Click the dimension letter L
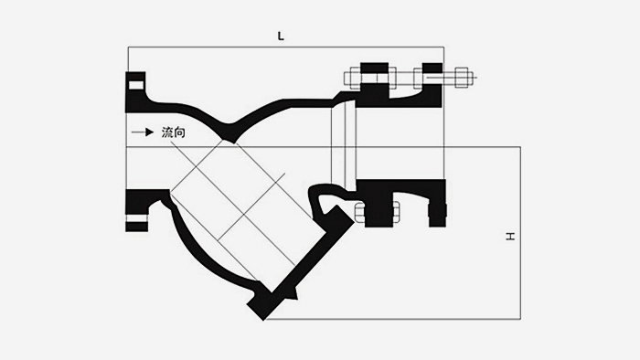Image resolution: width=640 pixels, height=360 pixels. click(281, 36)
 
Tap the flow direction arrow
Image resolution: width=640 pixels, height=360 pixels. click(143, 133)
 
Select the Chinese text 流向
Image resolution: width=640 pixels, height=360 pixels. click(174, 133)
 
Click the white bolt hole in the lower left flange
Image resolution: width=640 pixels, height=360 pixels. click(135, 219)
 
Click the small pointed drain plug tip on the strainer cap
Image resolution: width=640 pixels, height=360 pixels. click(295, 295)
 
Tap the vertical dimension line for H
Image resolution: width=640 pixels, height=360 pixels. click(520, 233)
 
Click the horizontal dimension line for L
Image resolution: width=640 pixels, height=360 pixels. click(283, 47)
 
